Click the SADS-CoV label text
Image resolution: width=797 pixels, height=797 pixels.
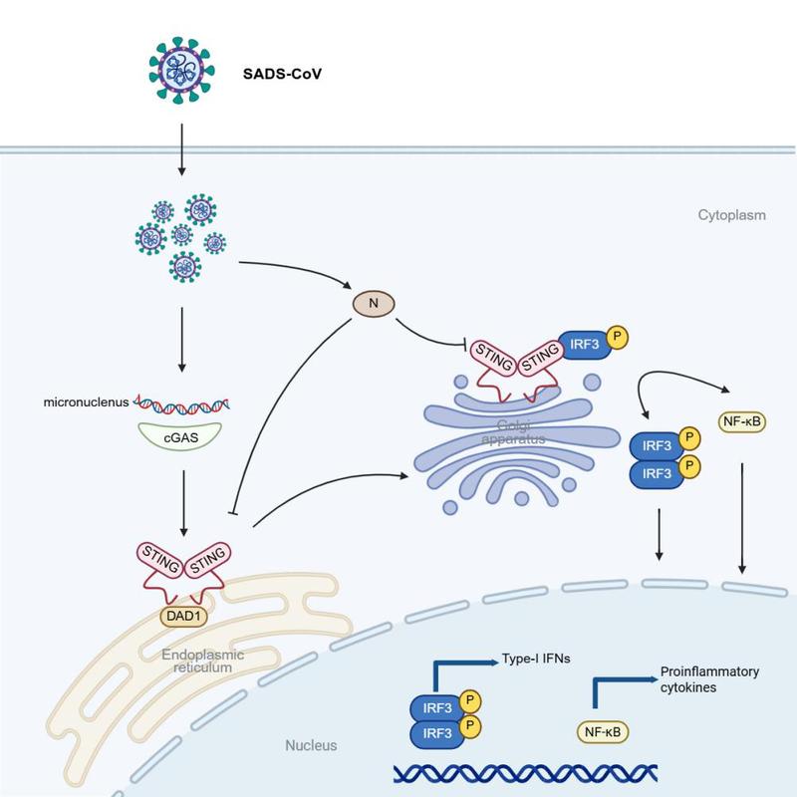coord(282,74)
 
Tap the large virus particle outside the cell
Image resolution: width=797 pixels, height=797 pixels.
coord(181,70)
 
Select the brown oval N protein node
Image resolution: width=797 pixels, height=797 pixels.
coord(374,304)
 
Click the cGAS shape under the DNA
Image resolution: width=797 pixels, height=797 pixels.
coord(180,436)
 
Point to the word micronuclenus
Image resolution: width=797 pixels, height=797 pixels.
coord(86,402)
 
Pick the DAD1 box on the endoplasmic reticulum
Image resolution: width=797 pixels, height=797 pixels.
coord(183,616)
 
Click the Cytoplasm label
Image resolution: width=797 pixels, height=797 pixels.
coord(731,215)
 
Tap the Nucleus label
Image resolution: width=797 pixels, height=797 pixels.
coord(311,745)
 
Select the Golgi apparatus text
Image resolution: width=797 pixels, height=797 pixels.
coord(513,432)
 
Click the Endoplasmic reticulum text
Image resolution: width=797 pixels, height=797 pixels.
coord(203,661)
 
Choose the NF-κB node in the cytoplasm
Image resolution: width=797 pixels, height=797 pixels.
coord(741,421)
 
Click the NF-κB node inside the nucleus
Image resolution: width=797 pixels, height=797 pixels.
coord(603,732)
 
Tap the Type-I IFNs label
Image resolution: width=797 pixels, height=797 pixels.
coord(536,659)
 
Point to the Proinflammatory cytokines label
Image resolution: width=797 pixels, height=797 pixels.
coord(709,679)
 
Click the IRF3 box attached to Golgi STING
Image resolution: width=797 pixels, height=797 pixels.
coord(585,345)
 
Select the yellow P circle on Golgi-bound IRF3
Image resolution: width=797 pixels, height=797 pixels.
coord(617,337)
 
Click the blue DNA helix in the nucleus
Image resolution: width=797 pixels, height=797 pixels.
coord(526,773)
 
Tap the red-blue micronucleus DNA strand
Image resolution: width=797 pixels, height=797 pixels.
coord(181,405)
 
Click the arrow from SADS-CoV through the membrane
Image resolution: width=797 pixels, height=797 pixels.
coord(181,149)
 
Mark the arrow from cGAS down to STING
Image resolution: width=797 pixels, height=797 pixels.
coord(183,503)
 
